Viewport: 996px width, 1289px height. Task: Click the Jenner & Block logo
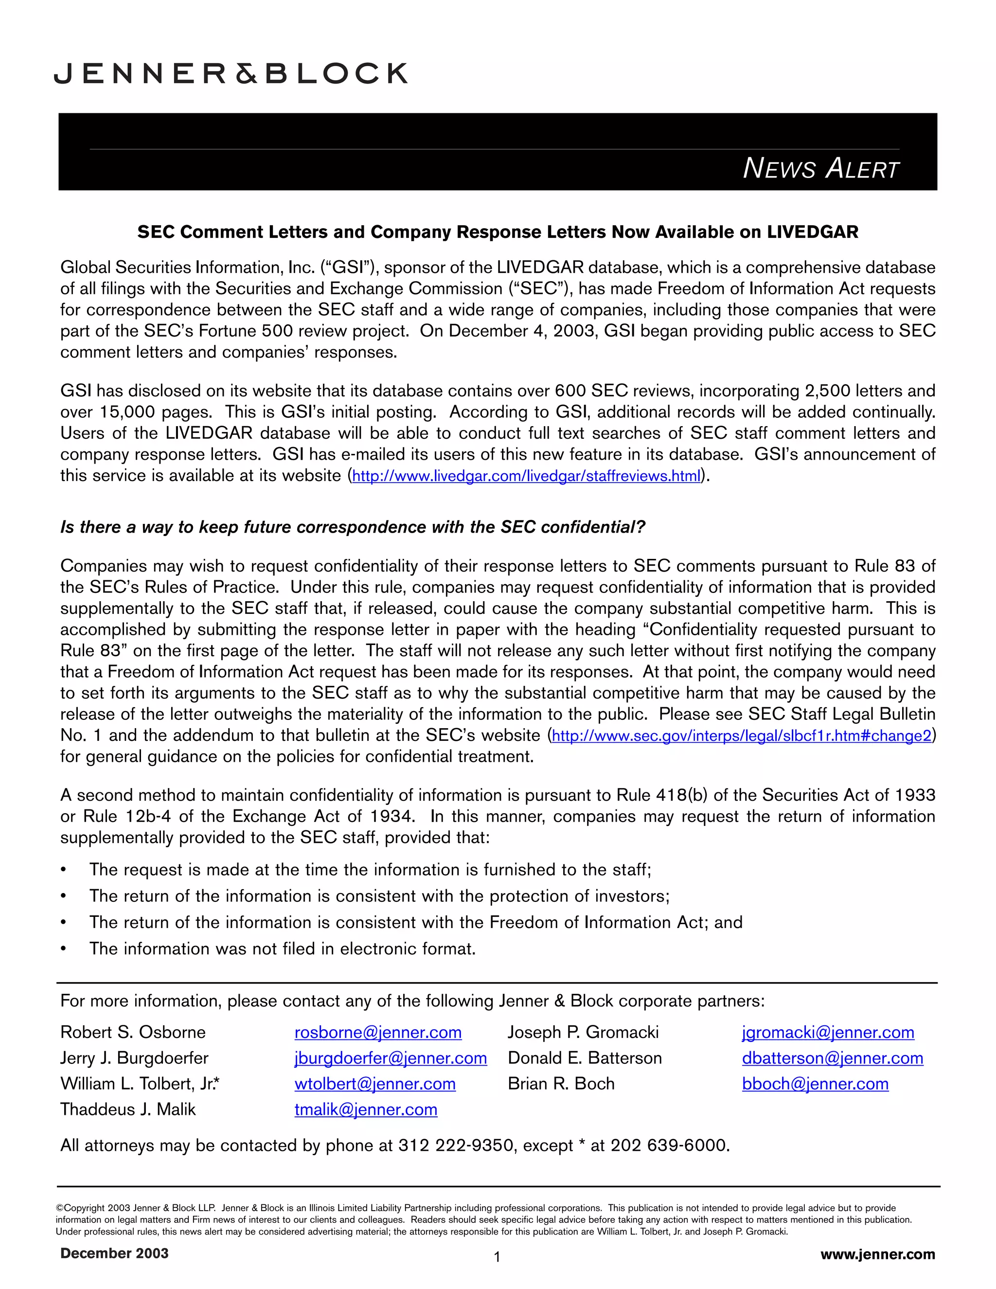click(231, 73)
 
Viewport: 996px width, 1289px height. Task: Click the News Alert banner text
click(820, 168)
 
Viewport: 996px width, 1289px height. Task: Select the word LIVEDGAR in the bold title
click(813, 232)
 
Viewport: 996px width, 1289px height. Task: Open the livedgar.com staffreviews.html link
click(526, 476)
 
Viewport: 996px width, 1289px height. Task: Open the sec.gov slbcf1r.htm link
click(741, 736)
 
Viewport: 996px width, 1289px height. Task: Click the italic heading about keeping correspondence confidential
click(353, 527)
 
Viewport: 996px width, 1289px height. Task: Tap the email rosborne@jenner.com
click(377, 1032)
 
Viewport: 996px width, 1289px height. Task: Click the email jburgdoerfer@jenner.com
click(391, 1058)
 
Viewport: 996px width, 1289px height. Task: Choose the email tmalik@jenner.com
click(366, 1110)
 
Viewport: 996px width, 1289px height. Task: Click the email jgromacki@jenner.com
click(828, 1032)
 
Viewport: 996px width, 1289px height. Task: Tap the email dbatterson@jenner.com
click(833, 1058)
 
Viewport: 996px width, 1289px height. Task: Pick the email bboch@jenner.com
click(815, 1084)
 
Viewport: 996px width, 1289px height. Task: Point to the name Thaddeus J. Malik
click(127, 1110)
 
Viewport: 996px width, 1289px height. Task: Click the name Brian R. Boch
click(561, 1084)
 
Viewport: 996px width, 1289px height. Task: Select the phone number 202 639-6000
click(669, 1146)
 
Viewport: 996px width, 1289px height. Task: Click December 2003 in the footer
click(114, 1253)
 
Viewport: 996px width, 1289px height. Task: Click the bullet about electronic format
click(282, 949)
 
